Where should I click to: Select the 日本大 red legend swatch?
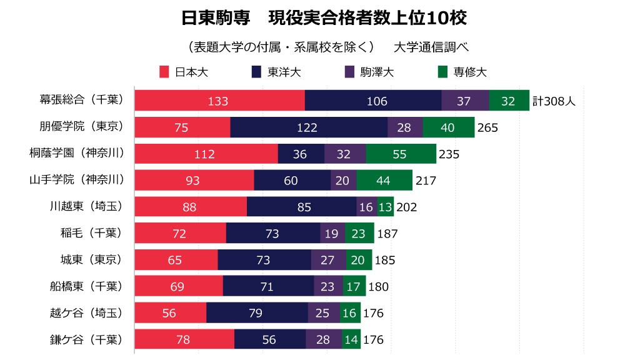tap(165, 72)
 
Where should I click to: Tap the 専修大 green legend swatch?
tap(443, 72)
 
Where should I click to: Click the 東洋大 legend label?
tap(284, 72)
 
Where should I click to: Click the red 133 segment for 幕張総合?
tap(219, 101)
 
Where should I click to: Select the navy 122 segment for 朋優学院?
tap(309, 127)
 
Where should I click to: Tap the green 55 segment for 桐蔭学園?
tap(401, 154)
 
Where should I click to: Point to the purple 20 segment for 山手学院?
tap(343, 181)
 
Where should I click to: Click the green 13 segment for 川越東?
tap(386, 207)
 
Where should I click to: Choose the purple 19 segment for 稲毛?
tap(332, 234)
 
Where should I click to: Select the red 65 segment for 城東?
tap(176, 261)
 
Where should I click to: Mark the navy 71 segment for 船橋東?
tap(268, 287)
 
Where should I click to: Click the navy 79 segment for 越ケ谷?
tap(256, 313)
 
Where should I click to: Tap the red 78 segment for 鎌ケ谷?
tap(184, 340)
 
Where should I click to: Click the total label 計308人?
tap(554, 101)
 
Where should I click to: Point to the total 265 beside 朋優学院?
tap(487, 127)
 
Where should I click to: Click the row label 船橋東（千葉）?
tap(86, 287)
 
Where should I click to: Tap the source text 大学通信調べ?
tap(431, 47)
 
